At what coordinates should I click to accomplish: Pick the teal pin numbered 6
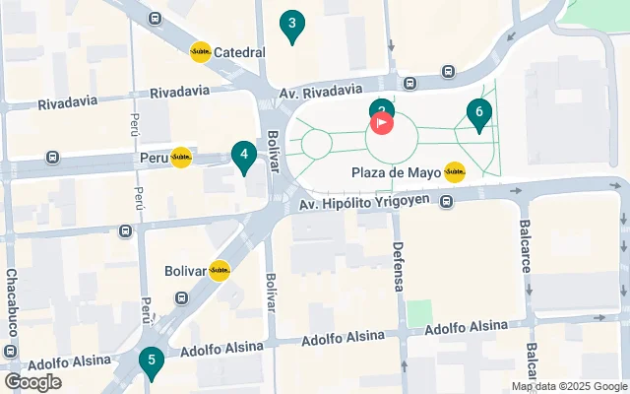coord(478,114)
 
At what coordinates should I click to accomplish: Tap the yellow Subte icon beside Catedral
coord(201,52)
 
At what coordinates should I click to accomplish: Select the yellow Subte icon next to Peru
coord(181,158)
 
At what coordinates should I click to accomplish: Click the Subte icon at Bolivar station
coord(219,271)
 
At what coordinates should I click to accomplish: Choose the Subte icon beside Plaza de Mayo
coord(455,172)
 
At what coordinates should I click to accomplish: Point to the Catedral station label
coord(240,52)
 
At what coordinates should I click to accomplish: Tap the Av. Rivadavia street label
coord(321,91)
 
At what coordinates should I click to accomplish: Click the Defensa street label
coord(399,266)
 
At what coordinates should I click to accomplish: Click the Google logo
coord(32,382)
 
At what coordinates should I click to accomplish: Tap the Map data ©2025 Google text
coord(568,386)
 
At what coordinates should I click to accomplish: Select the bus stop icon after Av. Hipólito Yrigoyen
coord(447,203)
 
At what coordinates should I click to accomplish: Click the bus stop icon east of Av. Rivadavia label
coord(448,71)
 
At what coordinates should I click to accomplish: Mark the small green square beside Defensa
coord(420,313)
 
